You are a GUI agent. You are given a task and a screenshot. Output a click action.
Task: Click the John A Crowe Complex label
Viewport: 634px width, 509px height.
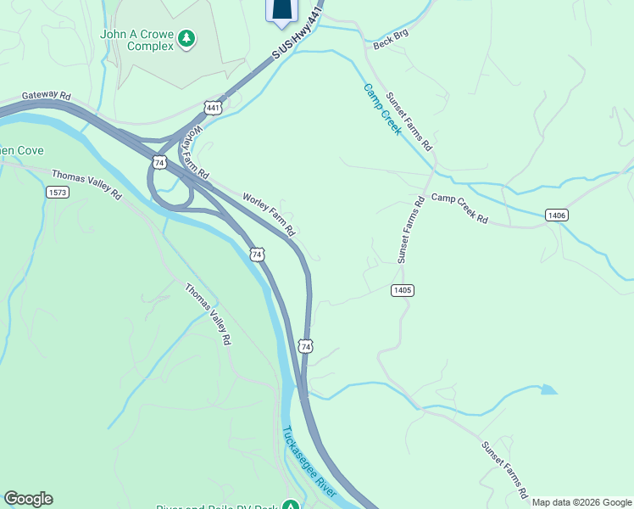click(137, 40)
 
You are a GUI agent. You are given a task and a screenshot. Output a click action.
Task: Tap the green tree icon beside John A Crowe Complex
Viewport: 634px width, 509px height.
click(186, 37)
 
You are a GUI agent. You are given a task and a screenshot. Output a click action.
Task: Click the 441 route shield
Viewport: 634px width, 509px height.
click(213, 108)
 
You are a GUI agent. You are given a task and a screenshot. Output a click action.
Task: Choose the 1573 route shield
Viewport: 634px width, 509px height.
click(57, 193)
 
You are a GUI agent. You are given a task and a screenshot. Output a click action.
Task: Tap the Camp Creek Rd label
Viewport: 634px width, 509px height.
click(459, 209)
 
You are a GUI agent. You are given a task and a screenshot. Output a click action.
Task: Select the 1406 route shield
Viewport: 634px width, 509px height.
click(556, 215)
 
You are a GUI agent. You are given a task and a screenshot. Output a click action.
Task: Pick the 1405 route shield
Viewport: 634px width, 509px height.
click(403, 290)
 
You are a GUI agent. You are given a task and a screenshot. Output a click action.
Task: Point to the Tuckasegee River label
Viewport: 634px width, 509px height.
click(310, 462)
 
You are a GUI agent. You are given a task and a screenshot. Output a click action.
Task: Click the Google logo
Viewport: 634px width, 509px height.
click(28, 499)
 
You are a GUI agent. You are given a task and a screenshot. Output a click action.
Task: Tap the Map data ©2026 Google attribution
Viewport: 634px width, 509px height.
click(581, 502)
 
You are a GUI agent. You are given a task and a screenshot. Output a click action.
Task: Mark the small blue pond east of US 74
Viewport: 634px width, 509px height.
click(548, 390)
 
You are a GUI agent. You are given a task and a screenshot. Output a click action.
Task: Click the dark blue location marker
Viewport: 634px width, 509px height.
click(283, 8)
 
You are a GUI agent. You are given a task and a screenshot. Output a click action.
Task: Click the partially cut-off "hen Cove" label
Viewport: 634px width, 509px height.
click(18, 150)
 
